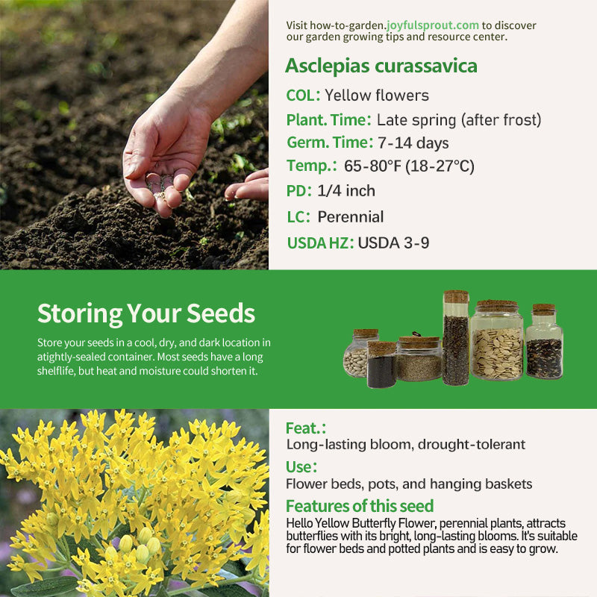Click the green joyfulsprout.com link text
coord(433,25)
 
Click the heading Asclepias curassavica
coord(381,66)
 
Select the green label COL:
coord(303,96)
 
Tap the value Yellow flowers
coord(377,96)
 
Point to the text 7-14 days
coord(413,143)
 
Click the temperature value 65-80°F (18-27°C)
coord(409,166)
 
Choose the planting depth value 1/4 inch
coord(346,191)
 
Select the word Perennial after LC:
coord(350,216)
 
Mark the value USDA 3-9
coord(394,243)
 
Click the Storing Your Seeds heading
coord(146,313)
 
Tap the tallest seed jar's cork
coord(456,296)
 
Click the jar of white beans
coord(356,353)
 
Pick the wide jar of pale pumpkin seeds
coord(497,340)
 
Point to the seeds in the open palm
coord(160,186)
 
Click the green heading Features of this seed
coord(360,506)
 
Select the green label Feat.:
coord(306,428)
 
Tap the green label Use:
coord(301,467)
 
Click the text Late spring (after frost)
coord(459,120)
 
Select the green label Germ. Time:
coord(330,143)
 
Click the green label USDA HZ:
coord(320,243)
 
